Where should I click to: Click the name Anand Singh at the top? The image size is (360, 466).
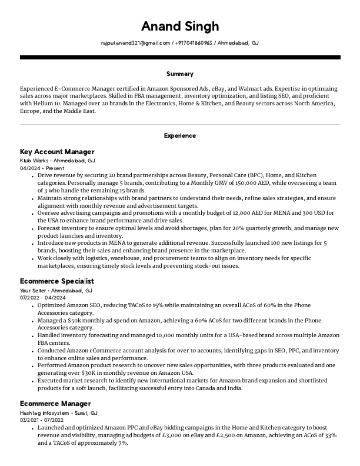(180, 26)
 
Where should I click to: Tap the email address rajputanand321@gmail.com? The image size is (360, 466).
(135, 43)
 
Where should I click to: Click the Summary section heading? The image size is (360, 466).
(180, 74)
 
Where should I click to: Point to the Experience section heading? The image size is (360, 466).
(180, 135)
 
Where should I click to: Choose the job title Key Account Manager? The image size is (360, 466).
(57, 152)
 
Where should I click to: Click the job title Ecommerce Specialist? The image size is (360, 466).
(57, 281)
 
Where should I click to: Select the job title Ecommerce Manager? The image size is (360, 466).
(55, 404)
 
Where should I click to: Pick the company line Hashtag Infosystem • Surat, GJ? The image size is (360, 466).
(59, 413)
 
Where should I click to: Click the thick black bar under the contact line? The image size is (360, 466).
(180, 57)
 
